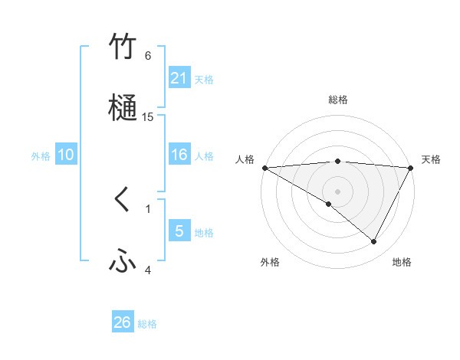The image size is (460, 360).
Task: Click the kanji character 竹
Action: point(123,47)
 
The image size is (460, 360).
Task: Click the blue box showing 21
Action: point(179,77)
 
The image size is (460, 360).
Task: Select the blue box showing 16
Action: point(179,155)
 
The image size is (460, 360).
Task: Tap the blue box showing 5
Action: point(179,231)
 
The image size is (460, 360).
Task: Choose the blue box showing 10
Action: point(66,155)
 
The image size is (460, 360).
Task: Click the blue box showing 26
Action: point(123,322)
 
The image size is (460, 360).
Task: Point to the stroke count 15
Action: point(148,117)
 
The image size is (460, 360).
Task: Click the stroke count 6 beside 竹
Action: point(148,56)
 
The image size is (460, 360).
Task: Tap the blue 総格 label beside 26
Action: point(147,324)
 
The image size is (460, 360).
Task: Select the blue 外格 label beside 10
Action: point(41,156)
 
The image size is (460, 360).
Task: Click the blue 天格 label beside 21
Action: point(204,79)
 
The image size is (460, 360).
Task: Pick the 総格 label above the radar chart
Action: point(338,100)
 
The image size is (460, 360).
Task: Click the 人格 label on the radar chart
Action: point(245,159)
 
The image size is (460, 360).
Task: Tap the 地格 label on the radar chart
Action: point(402,263)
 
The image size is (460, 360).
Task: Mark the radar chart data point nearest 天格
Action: point(411,168)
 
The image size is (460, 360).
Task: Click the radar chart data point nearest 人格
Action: point(264,168)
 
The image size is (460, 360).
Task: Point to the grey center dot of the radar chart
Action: point(338,191)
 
